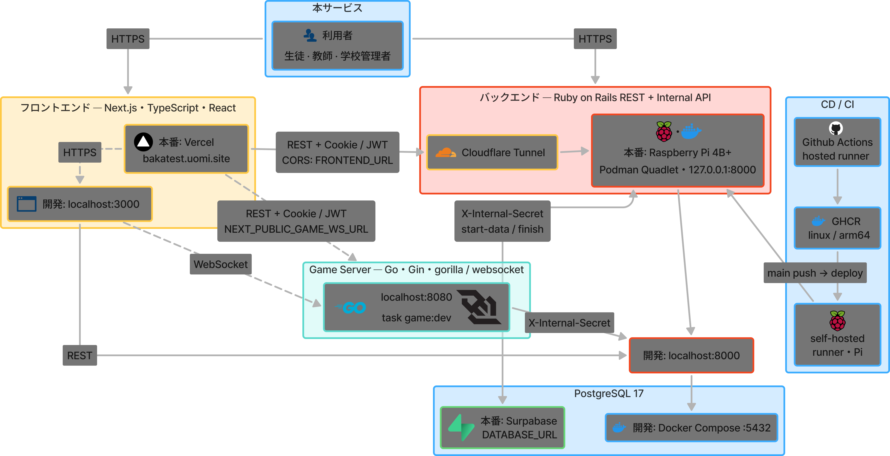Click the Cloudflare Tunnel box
(x=492, y=152)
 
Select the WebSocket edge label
(x=220, y=264)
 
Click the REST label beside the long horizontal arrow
(x=80, y=355)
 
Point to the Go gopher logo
(x=350, y=307)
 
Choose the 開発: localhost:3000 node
(x=80, y=204)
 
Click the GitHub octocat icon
(x=836, y=129)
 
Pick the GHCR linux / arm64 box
(x=837, y=228)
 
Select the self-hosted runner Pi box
(x=837, y=334)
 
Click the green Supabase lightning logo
(x=461, y=428)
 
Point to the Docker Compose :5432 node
(x=691, y=428)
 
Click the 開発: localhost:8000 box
(x=691, y=355)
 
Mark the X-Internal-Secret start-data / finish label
(x=502, y=221)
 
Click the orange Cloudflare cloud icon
(x=446, y=152)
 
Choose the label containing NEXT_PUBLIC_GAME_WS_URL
(x=296, y=221)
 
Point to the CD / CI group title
(x=837, y=105)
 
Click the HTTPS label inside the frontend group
(x=80, y=152)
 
